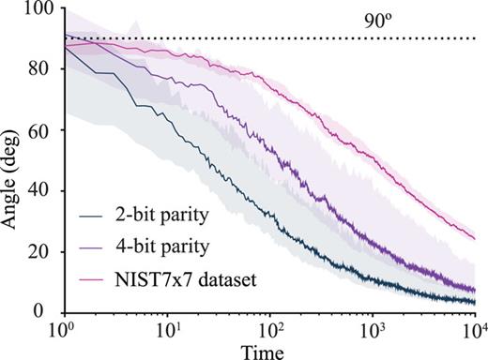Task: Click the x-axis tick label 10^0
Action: click(65, 331)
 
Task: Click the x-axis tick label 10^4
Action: click(474, 331)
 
